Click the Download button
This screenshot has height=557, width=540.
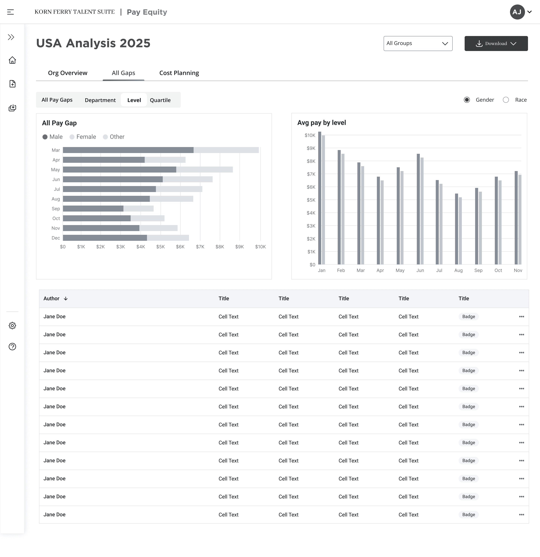(x=496, y=44)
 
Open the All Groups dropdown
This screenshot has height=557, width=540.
(x=418, y=44)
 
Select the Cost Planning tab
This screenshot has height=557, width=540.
(x=179, y=73)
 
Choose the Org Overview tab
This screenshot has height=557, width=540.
(x=68, y=73)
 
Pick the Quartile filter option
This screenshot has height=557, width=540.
(x=160, y=100)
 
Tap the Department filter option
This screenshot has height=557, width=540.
(x=100, y=100)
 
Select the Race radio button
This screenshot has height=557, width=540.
(x=506, y=100)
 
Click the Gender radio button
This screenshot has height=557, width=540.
(x=467, y=100)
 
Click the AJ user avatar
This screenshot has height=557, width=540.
(x=517, y=12)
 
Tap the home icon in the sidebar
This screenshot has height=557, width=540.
(x=12, y=60)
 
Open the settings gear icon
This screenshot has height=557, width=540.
(x=12, y=325)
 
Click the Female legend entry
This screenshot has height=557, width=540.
(x=83, y=137)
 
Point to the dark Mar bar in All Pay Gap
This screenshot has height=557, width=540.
(x=128, y=150)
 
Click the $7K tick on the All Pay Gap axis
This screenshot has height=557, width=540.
(x=200, y=247)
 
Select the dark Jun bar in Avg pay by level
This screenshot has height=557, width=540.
(x=418, y=209)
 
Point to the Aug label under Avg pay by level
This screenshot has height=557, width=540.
(x=458, y=270)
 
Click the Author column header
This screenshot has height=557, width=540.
(x=51, y=298)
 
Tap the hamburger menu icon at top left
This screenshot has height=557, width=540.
(x=10, y=12)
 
